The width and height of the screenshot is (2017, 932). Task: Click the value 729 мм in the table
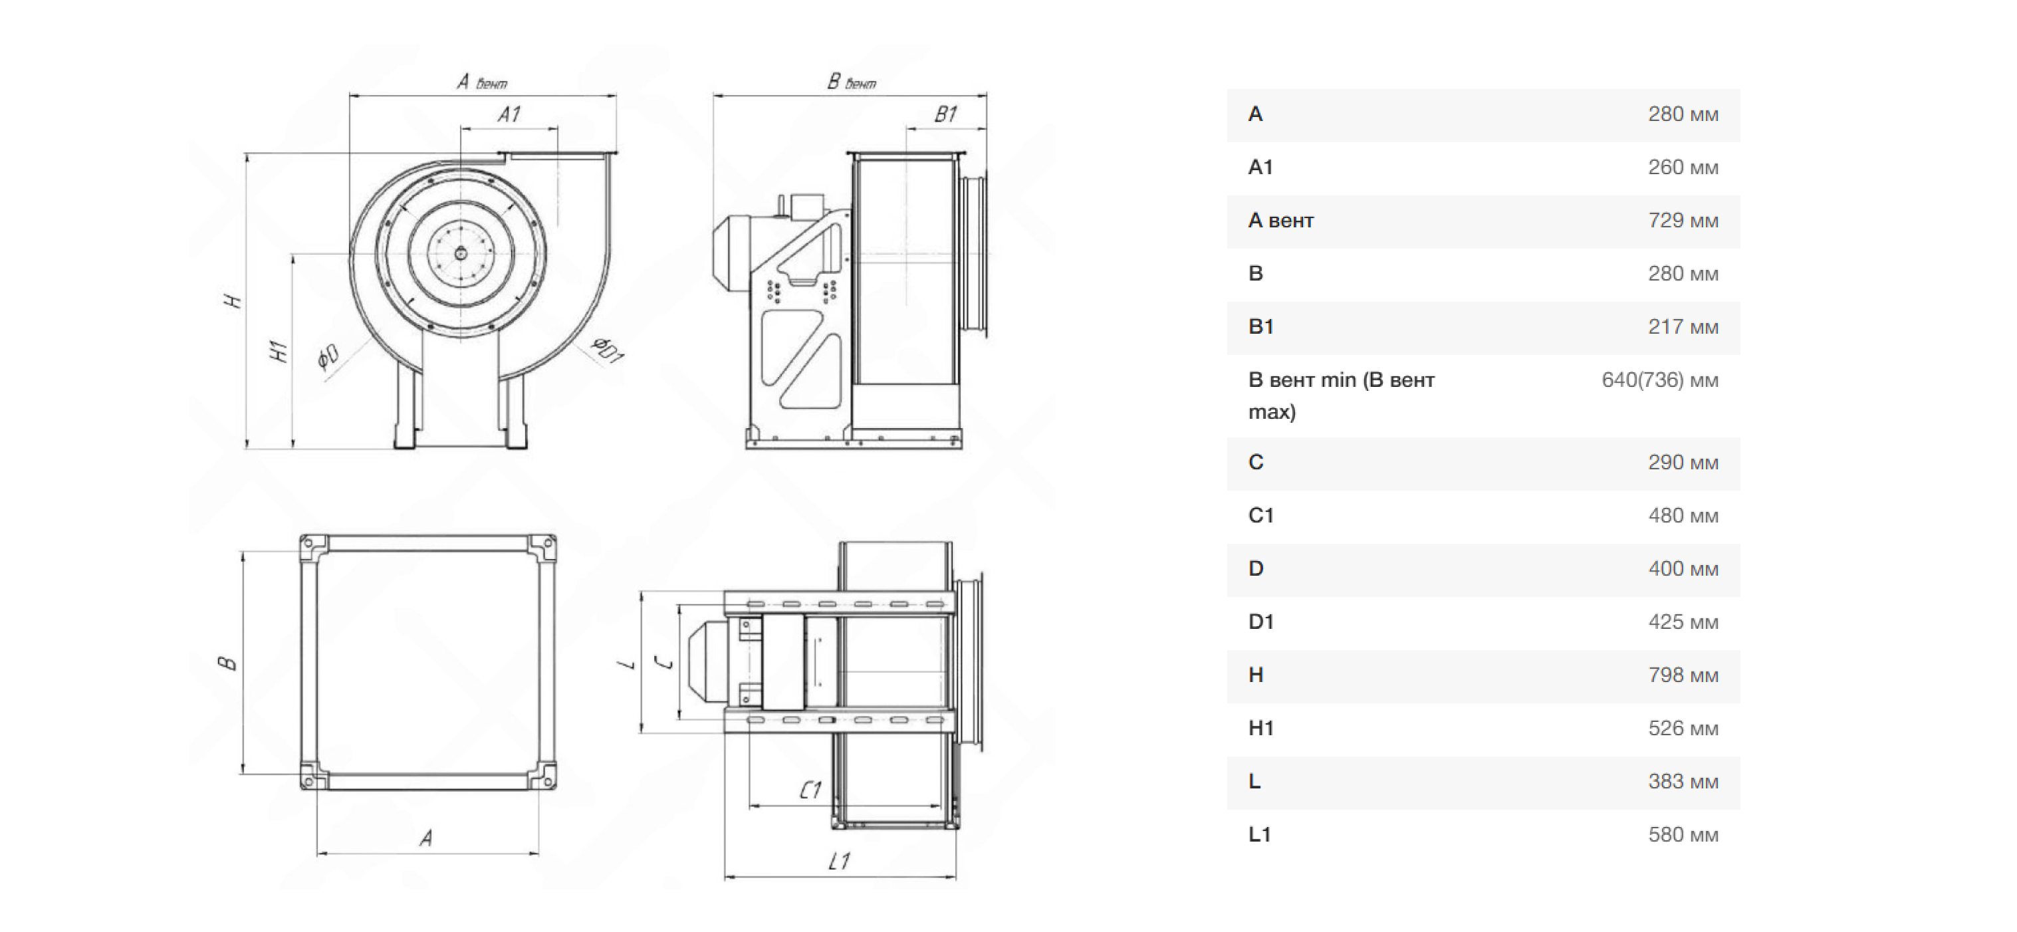point(1683,221)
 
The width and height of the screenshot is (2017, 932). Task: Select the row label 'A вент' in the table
point(1280,221)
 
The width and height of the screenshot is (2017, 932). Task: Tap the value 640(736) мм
point(1660,381)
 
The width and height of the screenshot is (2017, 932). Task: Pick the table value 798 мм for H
point(1683,675)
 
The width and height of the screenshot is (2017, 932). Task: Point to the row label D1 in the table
point(1260,622)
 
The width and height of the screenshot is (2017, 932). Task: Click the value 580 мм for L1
point(1683,835)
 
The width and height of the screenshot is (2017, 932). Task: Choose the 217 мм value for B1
point(1683,327)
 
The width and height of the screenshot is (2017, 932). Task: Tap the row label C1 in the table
point(1260,515)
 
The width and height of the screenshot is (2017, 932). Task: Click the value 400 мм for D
point(1683,568)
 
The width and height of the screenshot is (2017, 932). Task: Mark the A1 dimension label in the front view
point(509,114)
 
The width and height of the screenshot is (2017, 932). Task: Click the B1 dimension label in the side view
point(946,114)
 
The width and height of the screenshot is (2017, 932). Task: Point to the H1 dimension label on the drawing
point(278,351)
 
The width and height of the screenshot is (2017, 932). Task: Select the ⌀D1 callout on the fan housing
point(607,349)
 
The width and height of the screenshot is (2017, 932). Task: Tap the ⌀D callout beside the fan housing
point(328,356)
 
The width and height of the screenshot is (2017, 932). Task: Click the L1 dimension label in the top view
point(838,862)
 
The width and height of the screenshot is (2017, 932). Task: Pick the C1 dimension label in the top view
point(810,790)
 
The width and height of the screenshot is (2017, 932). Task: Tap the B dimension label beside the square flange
point(227,663)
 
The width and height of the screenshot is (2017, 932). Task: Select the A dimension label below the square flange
point(426,839)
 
